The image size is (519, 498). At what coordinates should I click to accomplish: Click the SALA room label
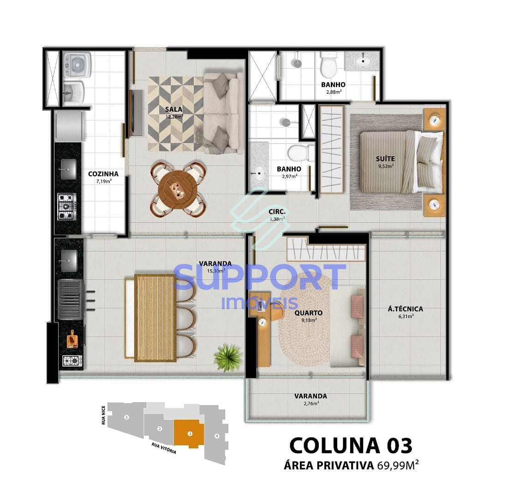tap(174, 110)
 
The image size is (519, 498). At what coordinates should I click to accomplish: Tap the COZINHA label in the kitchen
tap(103, 174)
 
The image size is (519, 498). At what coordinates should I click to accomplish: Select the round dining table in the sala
tap(178, 189)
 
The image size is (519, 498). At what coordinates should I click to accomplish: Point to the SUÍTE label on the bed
tap(385, 159)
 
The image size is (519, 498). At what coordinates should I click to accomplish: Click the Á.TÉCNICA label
tap(405, 309)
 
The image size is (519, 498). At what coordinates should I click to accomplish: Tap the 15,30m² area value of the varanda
tap(215, 271)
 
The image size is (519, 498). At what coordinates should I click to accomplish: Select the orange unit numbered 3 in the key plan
tap(189, 433)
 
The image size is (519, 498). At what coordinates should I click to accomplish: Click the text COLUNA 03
tap(351, 445)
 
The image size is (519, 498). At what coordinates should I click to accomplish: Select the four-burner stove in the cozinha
tap(66, 206)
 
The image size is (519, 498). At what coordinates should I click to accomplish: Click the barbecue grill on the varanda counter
tap(70, 299)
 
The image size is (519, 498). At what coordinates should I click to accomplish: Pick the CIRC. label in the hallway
tap(277, 212)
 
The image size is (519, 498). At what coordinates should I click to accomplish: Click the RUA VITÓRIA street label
tap(164, 449)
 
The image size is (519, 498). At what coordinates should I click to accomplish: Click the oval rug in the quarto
tap(304, 318)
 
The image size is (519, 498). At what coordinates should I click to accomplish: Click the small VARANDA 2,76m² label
tap(310, 396)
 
